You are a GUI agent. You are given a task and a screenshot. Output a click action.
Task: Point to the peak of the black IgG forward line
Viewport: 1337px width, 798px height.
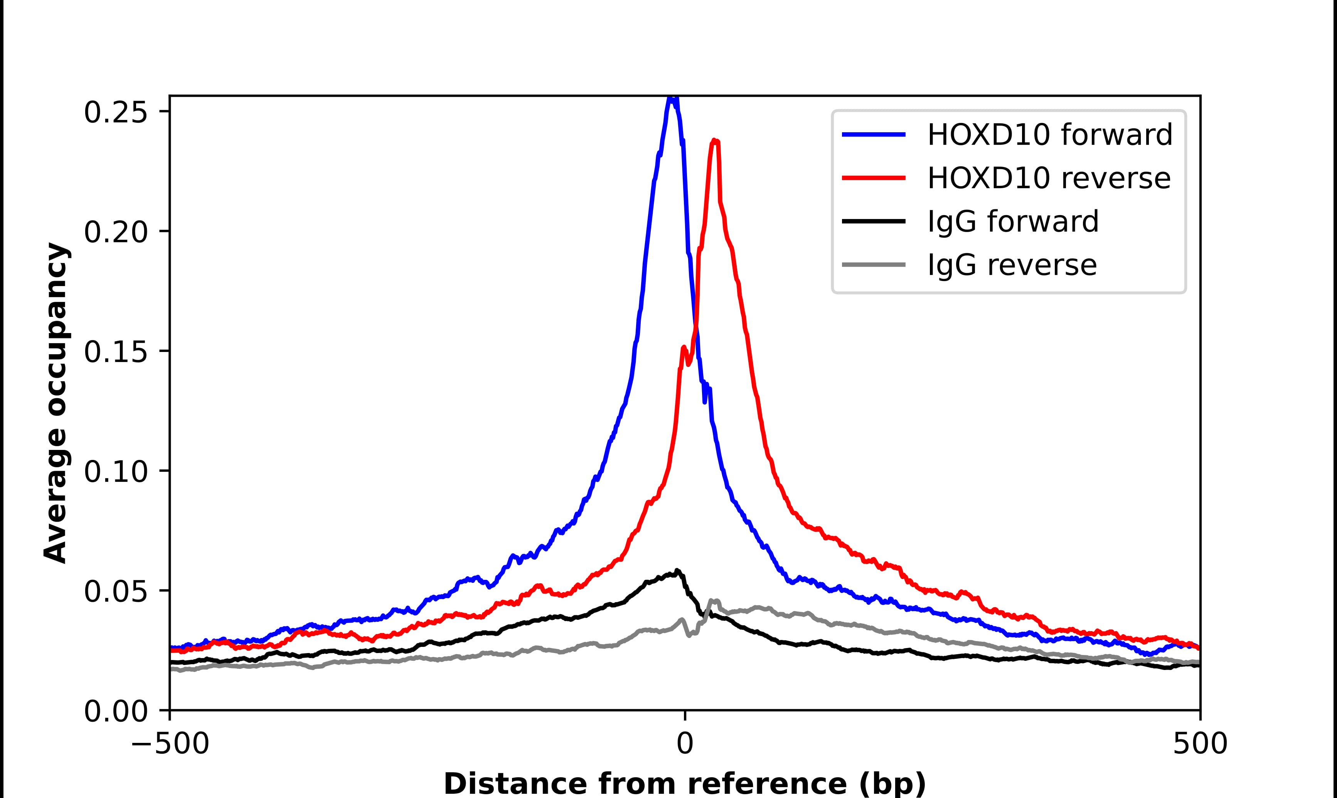tap(677, 571)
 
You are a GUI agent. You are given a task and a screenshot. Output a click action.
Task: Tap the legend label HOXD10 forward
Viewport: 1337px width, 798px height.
tap(1049, 135)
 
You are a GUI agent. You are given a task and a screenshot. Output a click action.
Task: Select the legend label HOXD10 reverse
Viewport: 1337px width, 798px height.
tap(1048, 178)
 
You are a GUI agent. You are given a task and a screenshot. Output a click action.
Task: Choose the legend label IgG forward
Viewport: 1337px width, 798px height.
tap(1013, 222)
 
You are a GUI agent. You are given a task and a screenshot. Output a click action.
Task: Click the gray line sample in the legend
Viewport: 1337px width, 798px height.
tap(874, 264)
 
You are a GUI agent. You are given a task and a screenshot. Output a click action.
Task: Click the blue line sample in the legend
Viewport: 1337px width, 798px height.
tap(874, 135)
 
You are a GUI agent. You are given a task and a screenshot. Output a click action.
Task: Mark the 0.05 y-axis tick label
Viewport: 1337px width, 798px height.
tap(116, 591)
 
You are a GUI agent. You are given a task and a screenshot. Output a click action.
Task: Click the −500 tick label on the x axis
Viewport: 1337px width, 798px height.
tap(170, 744)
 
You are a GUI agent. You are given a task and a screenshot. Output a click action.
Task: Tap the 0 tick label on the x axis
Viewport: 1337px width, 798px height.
tap(684, 744)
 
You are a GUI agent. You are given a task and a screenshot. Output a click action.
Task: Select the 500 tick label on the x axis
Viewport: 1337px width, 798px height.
tap(1199, 744)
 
